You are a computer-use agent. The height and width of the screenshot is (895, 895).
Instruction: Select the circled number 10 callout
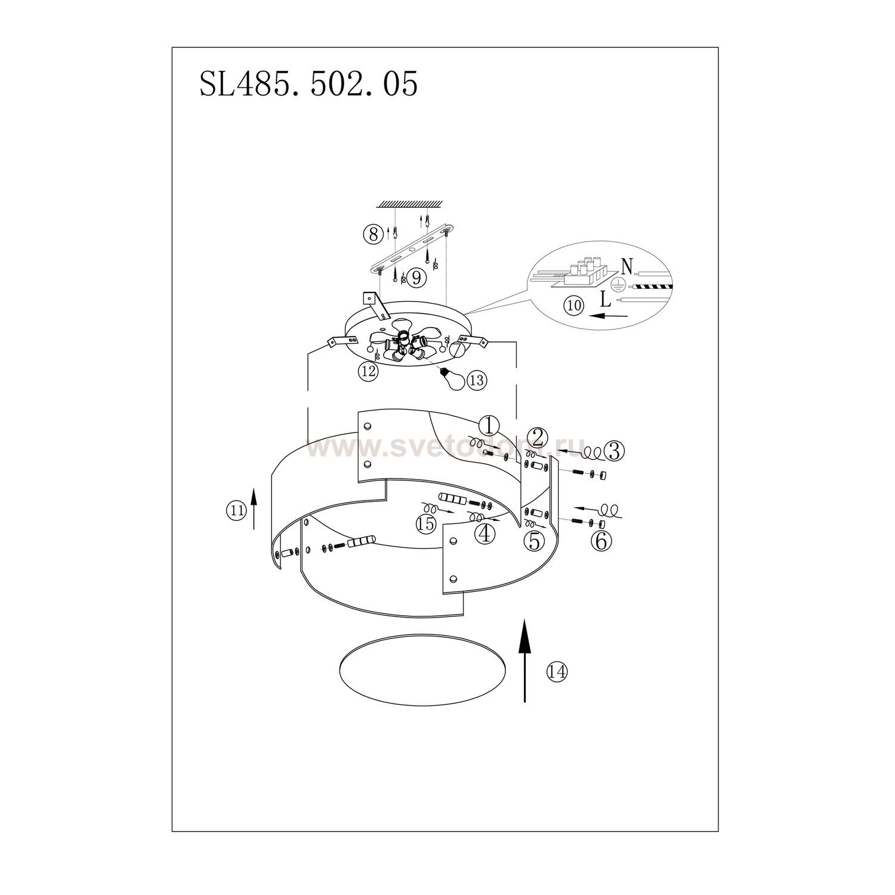(x=574, y=305)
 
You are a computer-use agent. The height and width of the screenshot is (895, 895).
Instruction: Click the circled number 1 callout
(x=489, y=426)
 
